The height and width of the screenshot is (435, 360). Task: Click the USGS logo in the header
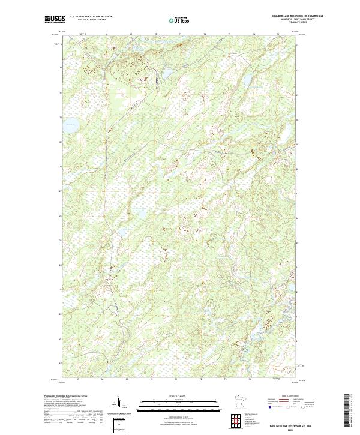[55, 19]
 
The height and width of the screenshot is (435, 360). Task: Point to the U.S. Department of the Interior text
[91, 16]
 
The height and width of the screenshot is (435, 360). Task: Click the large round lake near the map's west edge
[71, 126]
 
